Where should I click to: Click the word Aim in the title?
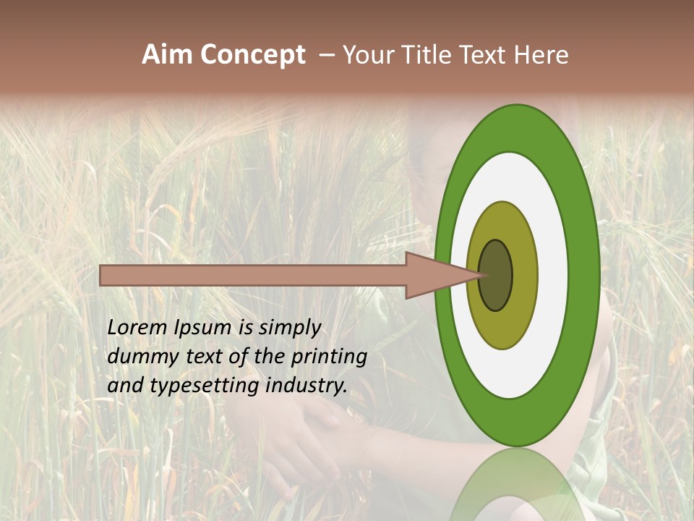(x=167, y=55)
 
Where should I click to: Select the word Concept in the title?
(x=252, y=55)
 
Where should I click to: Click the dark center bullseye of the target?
(x=497, y=275)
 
